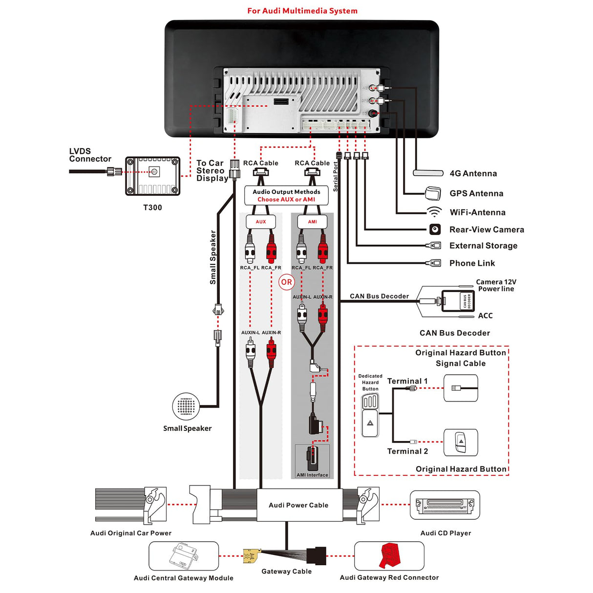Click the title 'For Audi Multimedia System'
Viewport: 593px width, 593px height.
(302, 11)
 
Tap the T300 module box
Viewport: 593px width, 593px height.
(153, 176)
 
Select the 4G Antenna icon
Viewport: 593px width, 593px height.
(428, 173)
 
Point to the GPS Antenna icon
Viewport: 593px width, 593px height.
(433, 193)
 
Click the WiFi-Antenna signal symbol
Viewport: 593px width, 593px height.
(434, 212)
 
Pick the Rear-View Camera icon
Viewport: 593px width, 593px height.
(435, 229)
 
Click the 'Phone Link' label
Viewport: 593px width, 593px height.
(472, 263)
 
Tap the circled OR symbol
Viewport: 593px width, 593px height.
(286, 282)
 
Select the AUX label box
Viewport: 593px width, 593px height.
(261, 222)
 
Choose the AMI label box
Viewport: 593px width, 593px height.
(312, 222)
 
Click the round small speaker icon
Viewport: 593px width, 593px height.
(186, 406)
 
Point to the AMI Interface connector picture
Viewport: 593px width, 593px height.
(313, 459)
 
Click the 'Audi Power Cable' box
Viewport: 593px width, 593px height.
(298, 505)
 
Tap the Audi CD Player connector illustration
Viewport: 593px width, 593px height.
(445, 505)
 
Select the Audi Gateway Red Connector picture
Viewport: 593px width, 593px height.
(389, 556)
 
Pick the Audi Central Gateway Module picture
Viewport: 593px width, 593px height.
(184, 556)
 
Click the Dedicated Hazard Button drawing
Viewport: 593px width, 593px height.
(370, 415)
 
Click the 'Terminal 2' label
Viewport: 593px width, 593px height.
(407, 451)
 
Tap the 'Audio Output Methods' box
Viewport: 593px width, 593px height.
(286, 195)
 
